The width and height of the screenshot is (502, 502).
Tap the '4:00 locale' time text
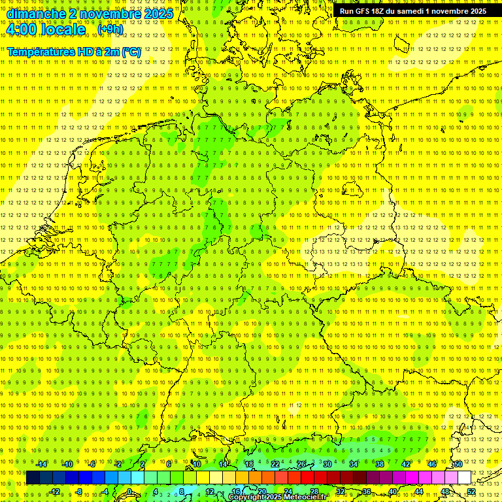tap(46, 30)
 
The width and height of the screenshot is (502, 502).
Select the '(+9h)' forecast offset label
tap(110, 29)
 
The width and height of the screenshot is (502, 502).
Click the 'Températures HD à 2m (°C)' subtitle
tap(74, 52)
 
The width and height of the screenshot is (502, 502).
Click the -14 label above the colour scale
tap(41, 464)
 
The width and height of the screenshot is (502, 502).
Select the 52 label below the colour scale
tap(471, 492)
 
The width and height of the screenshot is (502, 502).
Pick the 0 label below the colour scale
tap(129, 492)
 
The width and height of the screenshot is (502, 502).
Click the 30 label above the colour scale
tap(327, 464)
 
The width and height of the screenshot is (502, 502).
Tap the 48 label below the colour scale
tap(445, 492)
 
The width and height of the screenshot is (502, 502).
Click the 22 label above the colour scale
tap(275, 464)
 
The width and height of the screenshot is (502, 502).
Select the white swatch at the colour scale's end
tap(465, 478)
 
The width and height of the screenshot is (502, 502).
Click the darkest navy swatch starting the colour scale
tap(33, 478)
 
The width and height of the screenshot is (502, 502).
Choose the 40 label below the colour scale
tap(393, 492)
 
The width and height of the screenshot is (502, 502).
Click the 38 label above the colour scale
tap(380, 464)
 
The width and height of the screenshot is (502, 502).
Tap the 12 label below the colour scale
tap(210, 492)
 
